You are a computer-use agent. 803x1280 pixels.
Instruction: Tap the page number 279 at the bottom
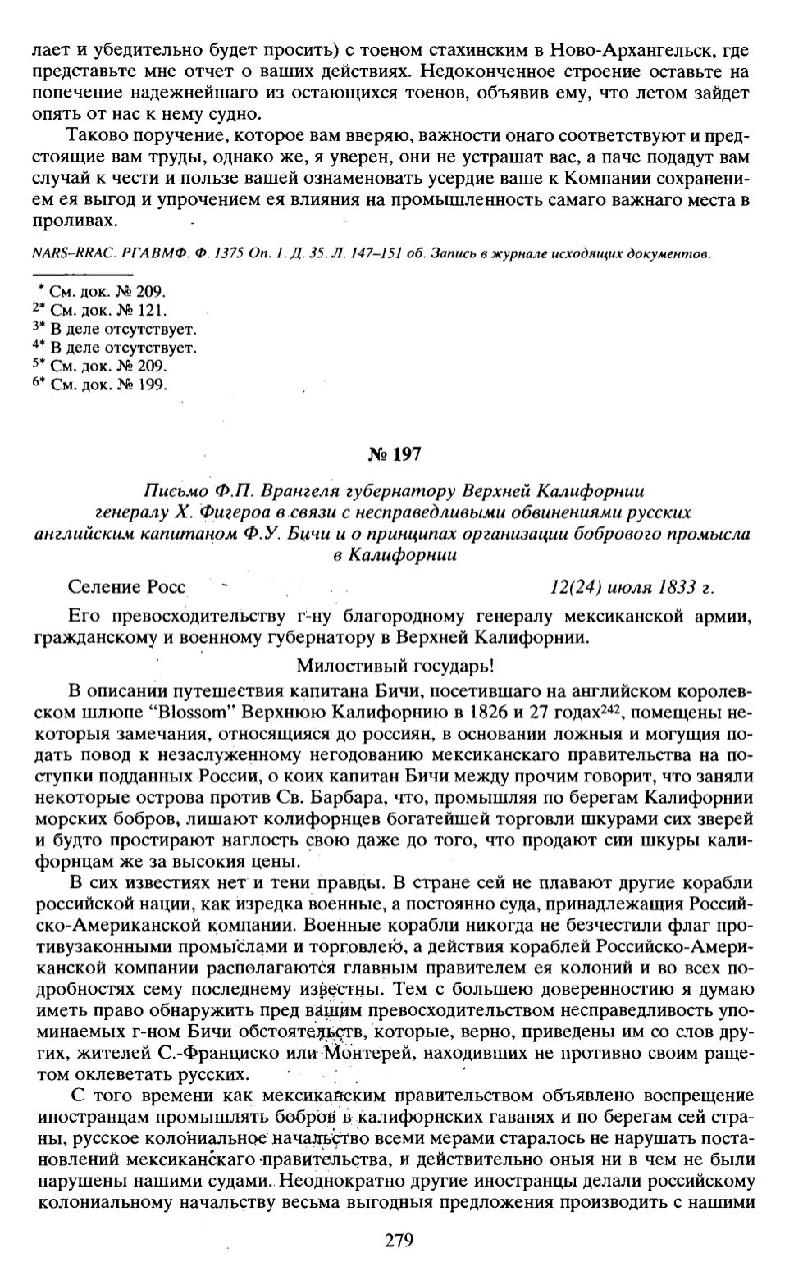399,1241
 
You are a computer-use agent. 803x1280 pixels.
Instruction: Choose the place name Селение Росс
127,588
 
